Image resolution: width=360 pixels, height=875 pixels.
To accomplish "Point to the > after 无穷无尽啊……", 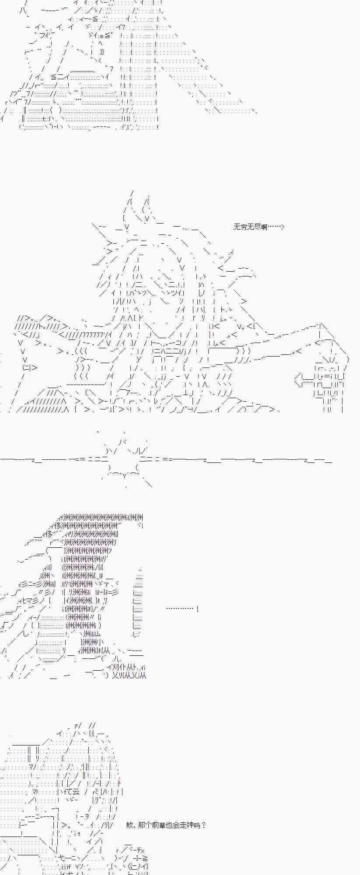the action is (283, 227).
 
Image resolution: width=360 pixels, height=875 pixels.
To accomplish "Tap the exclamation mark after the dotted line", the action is (198, 609).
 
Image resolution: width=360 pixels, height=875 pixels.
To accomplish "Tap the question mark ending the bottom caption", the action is (203, 825).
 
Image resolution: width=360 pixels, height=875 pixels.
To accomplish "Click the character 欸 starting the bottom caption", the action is (129, 825).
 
